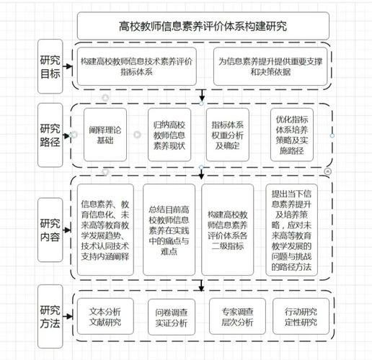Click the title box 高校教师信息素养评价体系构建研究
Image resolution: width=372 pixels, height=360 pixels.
click(x=203, y=27)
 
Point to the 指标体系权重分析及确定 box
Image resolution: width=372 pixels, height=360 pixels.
click(x=229, y=135)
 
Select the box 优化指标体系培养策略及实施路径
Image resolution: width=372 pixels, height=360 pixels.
click(x=292, y=134)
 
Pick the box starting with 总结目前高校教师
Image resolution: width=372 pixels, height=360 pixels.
click(x=169, y=230)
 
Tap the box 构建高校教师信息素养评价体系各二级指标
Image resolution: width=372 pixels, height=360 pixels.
click(x=227, y=230)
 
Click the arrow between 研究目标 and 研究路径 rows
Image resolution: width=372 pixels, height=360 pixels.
click(x=203, y=95)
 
